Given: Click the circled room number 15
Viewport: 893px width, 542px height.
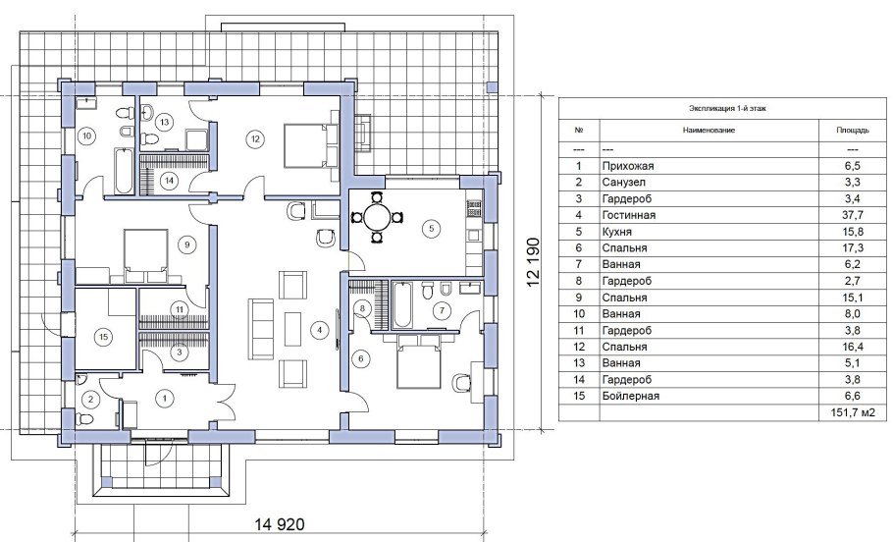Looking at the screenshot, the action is click(103, 337).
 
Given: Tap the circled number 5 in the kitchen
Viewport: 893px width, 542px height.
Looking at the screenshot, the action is click(431, 229).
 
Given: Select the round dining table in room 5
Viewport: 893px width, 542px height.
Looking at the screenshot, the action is click(377, 217).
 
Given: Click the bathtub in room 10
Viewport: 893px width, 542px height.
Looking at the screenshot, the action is click(123, 171).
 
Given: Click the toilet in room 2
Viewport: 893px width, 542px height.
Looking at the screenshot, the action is click(85, 419).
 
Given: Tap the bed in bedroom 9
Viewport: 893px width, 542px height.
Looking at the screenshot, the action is click(146, 255).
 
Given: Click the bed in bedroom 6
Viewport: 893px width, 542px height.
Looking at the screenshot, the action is click(419, 361).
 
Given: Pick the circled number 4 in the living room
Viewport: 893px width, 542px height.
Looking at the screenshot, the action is click(320, 329).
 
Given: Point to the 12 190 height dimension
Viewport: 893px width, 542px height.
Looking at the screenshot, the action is click(533, 263).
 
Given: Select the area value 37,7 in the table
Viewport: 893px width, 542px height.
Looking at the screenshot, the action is click(853, 215).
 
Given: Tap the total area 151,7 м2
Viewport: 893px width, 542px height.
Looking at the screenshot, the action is click(848, 412).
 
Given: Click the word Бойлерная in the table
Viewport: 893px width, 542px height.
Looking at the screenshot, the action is click(630, 396).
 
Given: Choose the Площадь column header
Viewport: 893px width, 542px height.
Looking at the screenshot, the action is click(853, 130).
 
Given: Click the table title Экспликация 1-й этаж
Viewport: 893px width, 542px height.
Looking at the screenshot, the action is click(727, 108).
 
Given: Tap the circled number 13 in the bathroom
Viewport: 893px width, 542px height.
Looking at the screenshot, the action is click(165, 122).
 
